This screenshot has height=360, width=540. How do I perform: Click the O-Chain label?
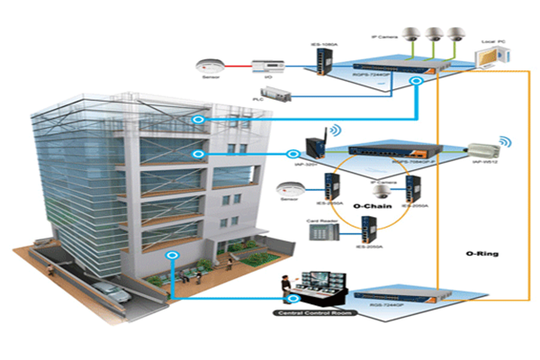tap(368, 205)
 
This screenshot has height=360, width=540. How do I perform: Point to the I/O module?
tap(267, 66)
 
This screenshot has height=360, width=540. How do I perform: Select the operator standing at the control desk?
tap(284, 287)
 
